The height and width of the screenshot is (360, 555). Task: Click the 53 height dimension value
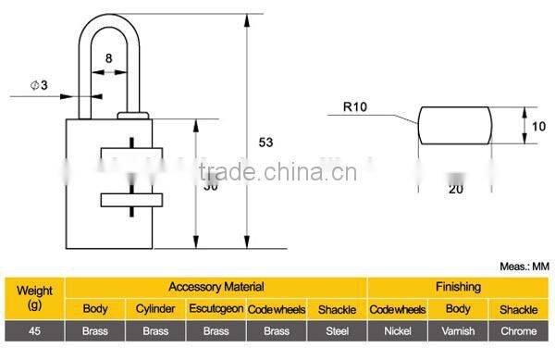[x=266, y=142]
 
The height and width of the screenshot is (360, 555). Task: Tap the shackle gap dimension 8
[x=110, y=59]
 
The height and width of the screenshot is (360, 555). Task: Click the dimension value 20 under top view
[x=455, y=189]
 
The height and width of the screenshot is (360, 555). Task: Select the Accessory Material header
[x=216, y=288]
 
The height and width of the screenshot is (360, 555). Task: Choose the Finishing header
[x=458, y=288]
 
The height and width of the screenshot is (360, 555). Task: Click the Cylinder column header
[x=155, y=309]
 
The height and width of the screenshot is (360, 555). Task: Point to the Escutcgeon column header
[x=216, y=309]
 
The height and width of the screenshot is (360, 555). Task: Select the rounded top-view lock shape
[x=455, y=126]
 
